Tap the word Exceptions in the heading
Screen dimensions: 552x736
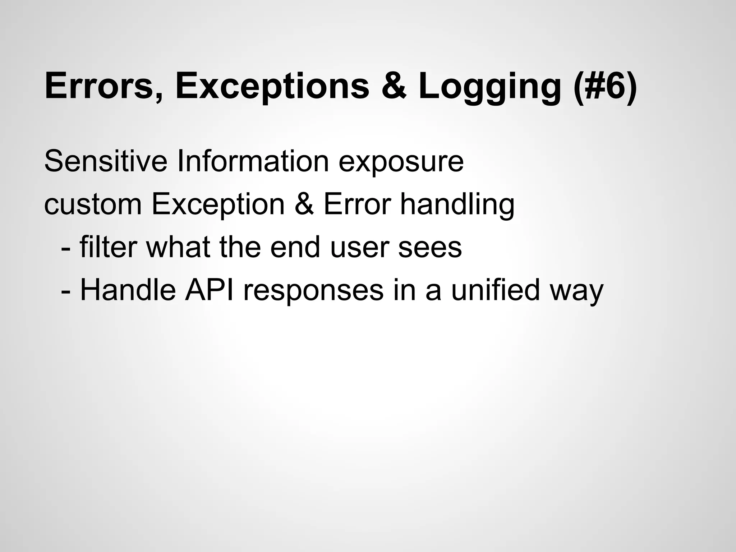click(x=272, y=86)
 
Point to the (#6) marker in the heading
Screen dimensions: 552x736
click(x=606, y=86)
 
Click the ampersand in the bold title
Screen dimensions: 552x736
click(x=394, y=86)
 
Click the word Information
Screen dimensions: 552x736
click(x=253, y=161)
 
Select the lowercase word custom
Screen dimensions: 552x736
click(x=93, y=204)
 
